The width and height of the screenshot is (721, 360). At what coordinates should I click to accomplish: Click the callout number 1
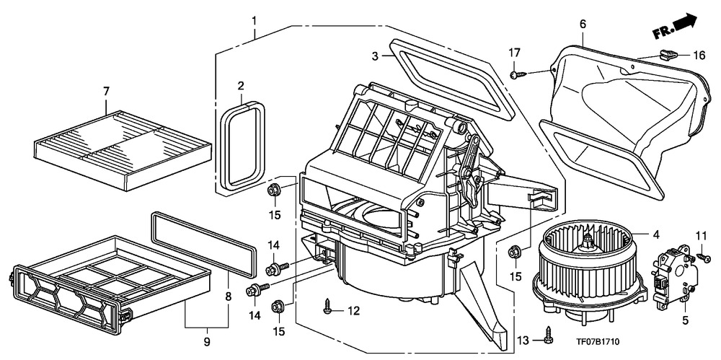(255, 17)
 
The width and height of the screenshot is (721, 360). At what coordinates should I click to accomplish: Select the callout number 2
(240, 87)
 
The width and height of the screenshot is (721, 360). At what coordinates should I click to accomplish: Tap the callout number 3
(375, 56)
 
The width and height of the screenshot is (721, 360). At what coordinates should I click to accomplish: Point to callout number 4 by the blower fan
(656, 234)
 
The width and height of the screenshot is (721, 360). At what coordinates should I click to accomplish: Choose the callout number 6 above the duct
(582, 23)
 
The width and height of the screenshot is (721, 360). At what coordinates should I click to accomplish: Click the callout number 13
(523, 340)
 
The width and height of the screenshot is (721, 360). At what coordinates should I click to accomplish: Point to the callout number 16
(699, 55)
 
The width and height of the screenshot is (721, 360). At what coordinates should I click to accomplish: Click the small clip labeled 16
(666, 53)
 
